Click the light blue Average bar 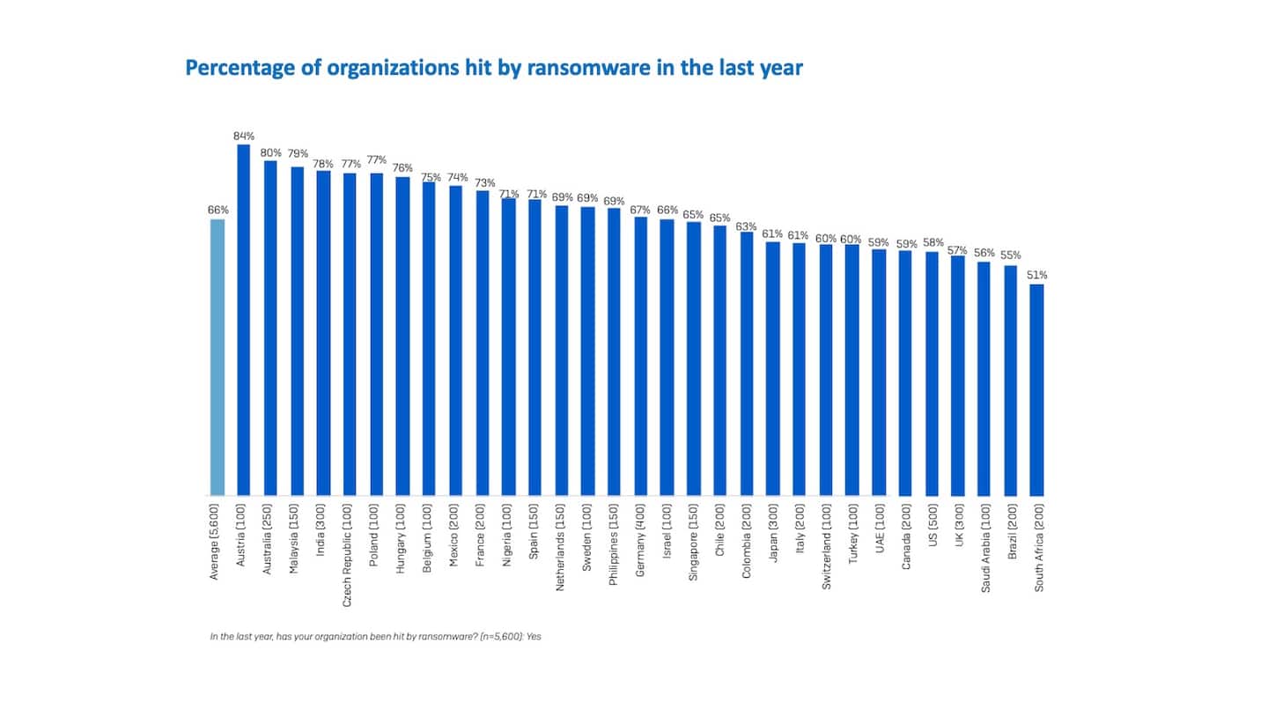[217, 357]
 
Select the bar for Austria [244, 320]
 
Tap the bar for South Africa [1036, 389]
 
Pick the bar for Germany [640, 356]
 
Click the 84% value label [244, 137]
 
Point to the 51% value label [1036, 275]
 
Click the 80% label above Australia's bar [270, 152]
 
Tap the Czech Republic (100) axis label [350, 550]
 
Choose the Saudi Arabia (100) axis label [984, 548]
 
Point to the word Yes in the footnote [534, 635]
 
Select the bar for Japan [772, 368]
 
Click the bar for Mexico [455, 340]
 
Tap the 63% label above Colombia [746, 226]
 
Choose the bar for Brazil [1010, 381]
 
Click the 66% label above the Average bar [217, 210]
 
